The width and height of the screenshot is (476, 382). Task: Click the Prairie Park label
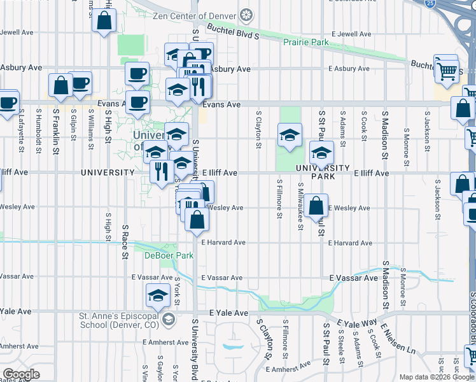tap(306, 43)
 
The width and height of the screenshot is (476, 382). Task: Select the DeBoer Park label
tap(159, 255)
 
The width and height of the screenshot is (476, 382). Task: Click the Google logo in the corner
tap(21, 374)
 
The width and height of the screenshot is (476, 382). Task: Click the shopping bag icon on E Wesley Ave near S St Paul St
tap(316, 206)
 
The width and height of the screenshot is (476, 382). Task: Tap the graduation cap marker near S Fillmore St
tap(290, 135)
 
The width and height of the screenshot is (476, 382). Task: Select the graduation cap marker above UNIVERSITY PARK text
tap(321, 153)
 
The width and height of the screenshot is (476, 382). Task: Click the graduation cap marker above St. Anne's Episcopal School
tap(157, 295)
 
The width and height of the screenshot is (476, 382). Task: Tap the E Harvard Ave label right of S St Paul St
tap(351, 243)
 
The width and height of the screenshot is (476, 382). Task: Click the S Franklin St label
tap(56, 130)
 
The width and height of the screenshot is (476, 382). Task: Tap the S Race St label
tap(125, 242)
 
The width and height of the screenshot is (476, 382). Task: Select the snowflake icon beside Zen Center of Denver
tap(246, 15)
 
